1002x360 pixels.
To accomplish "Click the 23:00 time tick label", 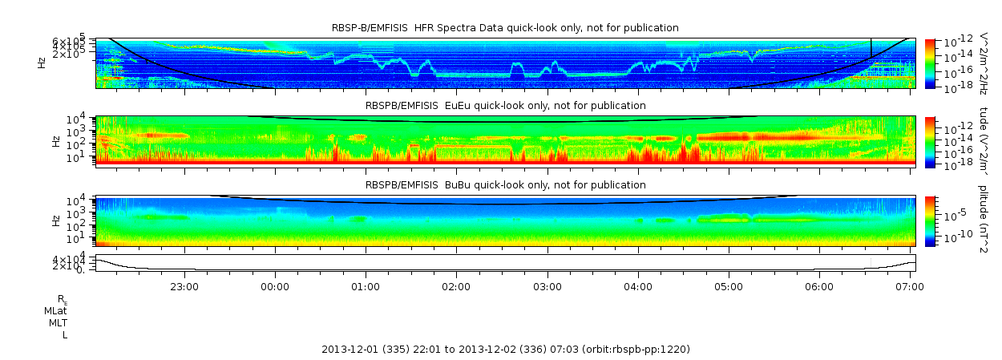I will [184, 285].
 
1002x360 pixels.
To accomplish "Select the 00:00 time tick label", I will [275, 285].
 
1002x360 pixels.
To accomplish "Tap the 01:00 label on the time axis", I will [366, 285].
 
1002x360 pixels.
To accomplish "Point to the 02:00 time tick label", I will [456, 285].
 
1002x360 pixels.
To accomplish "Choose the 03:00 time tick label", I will [547, 285].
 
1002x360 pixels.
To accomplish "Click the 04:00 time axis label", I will [638, 285].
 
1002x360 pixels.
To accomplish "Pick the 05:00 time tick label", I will [729, 285].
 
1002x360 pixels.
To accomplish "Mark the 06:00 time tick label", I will [819, 285].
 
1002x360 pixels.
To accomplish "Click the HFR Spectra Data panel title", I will [505, 28].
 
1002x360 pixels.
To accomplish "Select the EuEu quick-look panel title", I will [505, 105].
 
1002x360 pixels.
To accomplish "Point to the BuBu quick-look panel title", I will [505, 185].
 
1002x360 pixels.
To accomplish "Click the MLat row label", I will [55, 310].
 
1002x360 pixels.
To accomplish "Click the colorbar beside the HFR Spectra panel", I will [931, 63].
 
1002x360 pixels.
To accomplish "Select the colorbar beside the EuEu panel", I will [931, 141].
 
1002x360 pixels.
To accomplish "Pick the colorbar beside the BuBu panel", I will [931, 220].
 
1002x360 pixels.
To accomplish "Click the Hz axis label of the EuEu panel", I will [55, 141].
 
